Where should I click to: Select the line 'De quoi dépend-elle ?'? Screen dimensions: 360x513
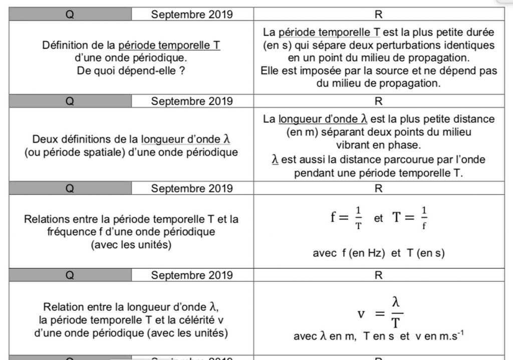[x=131, y=71]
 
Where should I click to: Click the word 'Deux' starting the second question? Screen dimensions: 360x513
[x=44, y=139]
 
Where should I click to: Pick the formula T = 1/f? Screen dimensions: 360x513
[x=409, y=218]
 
